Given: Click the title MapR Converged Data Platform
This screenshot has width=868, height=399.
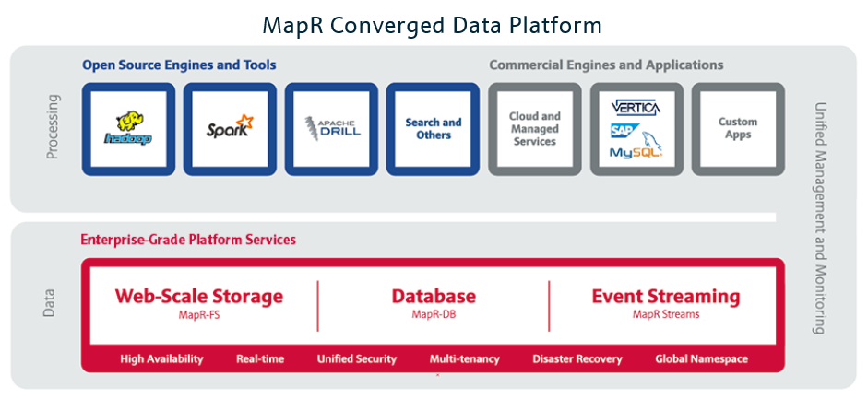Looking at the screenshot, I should (433, 24).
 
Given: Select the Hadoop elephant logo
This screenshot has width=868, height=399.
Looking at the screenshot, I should (128, 129).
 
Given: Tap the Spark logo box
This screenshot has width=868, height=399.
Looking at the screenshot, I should (230, 129).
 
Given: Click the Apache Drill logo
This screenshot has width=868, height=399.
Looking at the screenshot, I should (331, 129).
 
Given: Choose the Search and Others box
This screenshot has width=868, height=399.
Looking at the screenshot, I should (433, 129).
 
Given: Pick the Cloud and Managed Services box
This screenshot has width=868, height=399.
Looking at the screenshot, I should (535, 129).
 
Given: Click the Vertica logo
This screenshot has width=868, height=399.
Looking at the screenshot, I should (636, 108).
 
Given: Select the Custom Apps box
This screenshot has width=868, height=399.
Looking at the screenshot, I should (738, 128).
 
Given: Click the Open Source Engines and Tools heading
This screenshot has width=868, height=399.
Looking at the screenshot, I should (179, 65).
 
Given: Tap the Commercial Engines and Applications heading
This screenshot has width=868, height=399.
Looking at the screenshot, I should (606, 65).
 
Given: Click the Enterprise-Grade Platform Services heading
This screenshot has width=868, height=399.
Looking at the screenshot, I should (188, 240).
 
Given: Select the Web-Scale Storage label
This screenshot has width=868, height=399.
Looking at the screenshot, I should (198, 297).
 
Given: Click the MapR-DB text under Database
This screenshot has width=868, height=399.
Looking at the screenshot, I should (433, 314).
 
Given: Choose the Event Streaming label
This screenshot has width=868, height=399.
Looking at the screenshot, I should (665, 297).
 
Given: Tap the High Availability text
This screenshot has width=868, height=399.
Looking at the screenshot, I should (161, 358).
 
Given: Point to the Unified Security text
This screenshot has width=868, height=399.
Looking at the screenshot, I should (356, 358).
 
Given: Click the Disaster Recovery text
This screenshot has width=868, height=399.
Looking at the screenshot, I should (577, 358).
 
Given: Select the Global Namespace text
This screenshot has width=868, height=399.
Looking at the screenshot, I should (701, 358).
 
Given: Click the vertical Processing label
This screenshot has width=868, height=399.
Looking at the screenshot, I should (53, 126).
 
